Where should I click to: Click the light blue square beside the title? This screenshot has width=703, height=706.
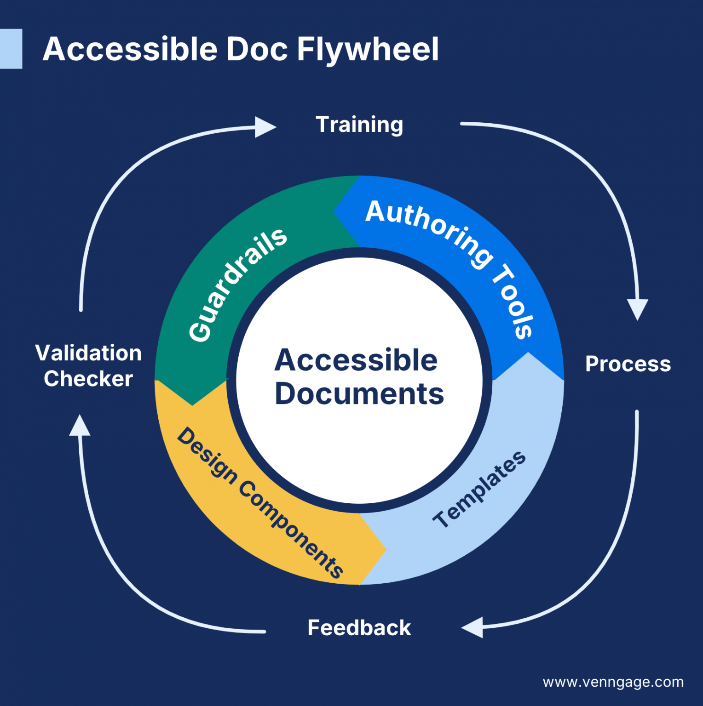[11, 49]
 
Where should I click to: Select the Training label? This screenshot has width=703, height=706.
[359, 125]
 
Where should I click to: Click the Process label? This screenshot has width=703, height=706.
[628, 364]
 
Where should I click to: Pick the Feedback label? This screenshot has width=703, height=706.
[359, 628]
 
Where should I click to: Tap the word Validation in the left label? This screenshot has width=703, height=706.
[88, 353]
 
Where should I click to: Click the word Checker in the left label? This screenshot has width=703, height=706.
[88, 379]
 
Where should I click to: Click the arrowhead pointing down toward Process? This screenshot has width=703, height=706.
[638, 309]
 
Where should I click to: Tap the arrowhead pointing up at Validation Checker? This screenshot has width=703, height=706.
[80, 426]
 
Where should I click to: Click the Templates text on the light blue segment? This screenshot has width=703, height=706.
[479, 490]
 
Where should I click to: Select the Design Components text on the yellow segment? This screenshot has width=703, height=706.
[260, 502]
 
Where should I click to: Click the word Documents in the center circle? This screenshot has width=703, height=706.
[359, 394]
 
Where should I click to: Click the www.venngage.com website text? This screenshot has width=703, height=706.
[613, 682]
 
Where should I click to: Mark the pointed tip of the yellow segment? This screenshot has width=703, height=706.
[385, 549]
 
